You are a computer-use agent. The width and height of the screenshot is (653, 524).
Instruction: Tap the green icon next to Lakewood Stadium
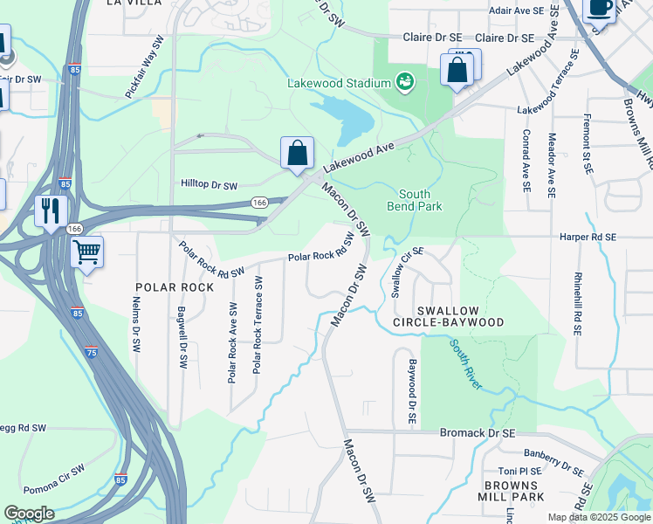(x=404, y=82)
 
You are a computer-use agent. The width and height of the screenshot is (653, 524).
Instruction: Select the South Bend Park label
(x=415, y=200)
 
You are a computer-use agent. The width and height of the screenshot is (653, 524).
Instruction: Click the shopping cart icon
(x=86, y=253)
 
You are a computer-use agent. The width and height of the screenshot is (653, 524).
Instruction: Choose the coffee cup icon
(x=599, y=8)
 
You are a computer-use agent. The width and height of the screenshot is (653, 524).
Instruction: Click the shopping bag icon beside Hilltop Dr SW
(x=297, y=153)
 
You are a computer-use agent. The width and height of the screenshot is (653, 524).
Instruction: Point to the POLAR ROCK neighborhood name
(x=175, y=287)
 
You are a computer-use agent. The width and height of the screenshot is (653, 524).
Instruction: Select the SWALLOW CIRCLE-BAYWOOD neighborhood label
(x=460, y=316)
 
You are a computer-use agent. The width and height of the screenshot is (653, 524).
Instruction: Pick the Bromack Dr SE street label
(x=478, y=432)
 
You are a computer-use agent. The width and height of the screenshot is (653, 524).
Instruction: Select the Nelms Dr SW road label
(x=136, y=324)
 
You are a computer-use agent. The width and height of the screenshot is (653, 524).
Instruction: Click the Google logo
(x=29, y=514)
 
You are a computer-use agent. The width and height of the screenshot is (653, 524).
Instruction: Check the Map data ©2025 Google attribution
(x=598, y=517)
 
